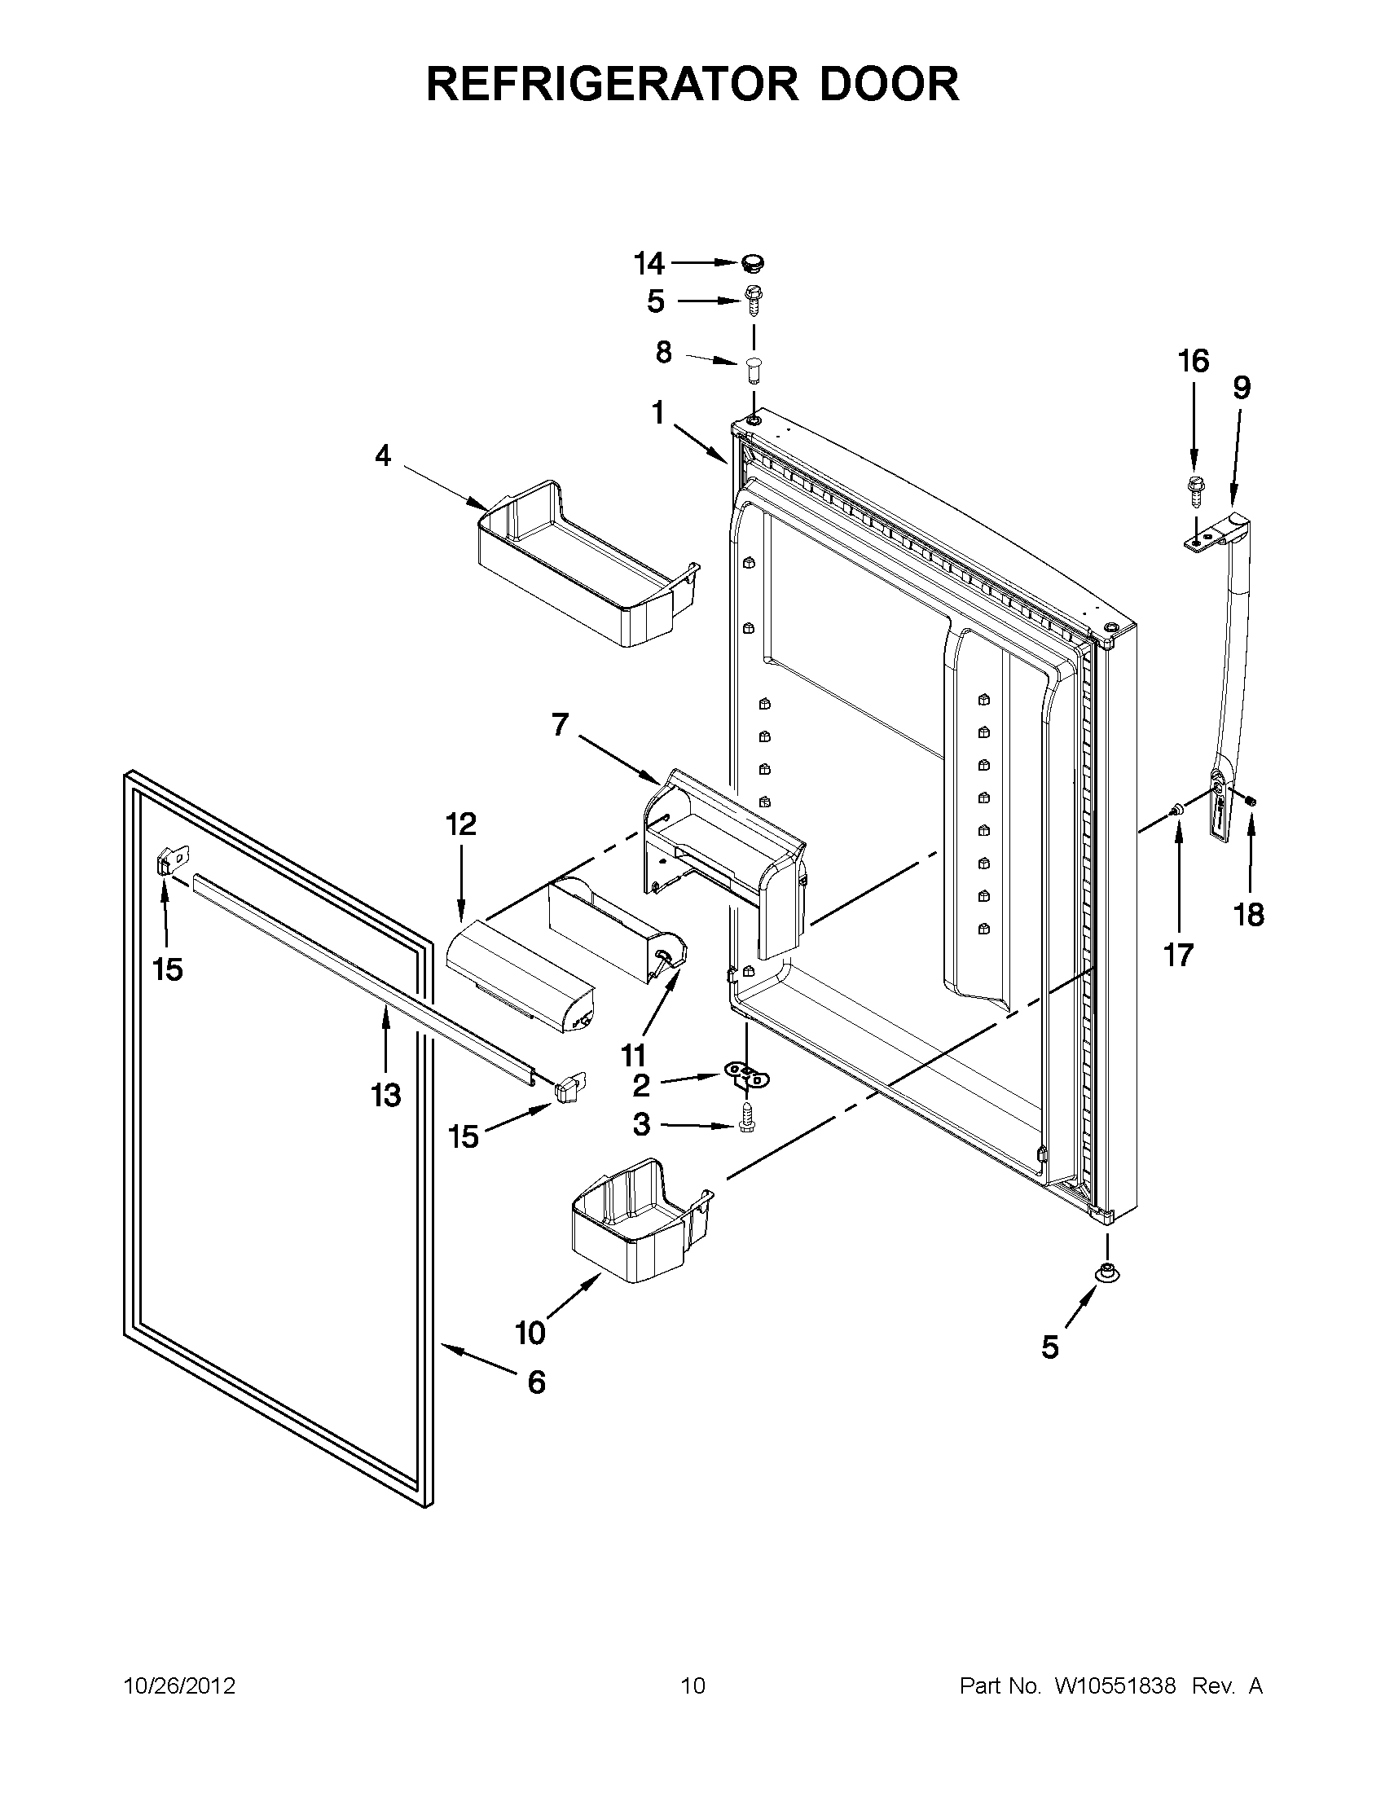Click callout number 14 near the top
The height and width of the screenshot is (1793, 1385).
tap(649, 263)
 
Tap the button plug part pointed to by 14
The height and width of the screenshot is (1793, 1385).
tap(751, 263)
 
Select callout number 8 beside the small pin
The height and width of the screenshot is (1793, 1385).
tap(663, 353)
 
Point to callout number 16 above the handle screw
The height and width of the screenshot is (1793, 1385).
tap(1194, 360)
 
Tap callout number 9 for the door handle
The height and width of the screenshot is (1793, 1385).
tap(1241, 388)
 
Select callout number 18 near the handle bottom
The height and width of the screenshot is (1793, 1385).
tap(1249, 914)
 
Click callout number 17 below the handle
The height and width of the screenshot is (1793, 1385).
tap(1178, 955)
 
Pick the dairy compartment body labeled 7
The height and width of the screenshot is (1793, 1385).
tap(723, 854)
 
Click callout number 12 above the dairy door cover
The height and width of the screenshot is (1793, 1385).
tap(460, 824)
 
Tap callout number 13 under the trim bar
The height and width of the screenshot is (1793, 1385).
tap(385, 1094)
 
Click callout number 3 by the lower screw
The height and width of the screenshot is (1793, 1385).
tap(641, 1124)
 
